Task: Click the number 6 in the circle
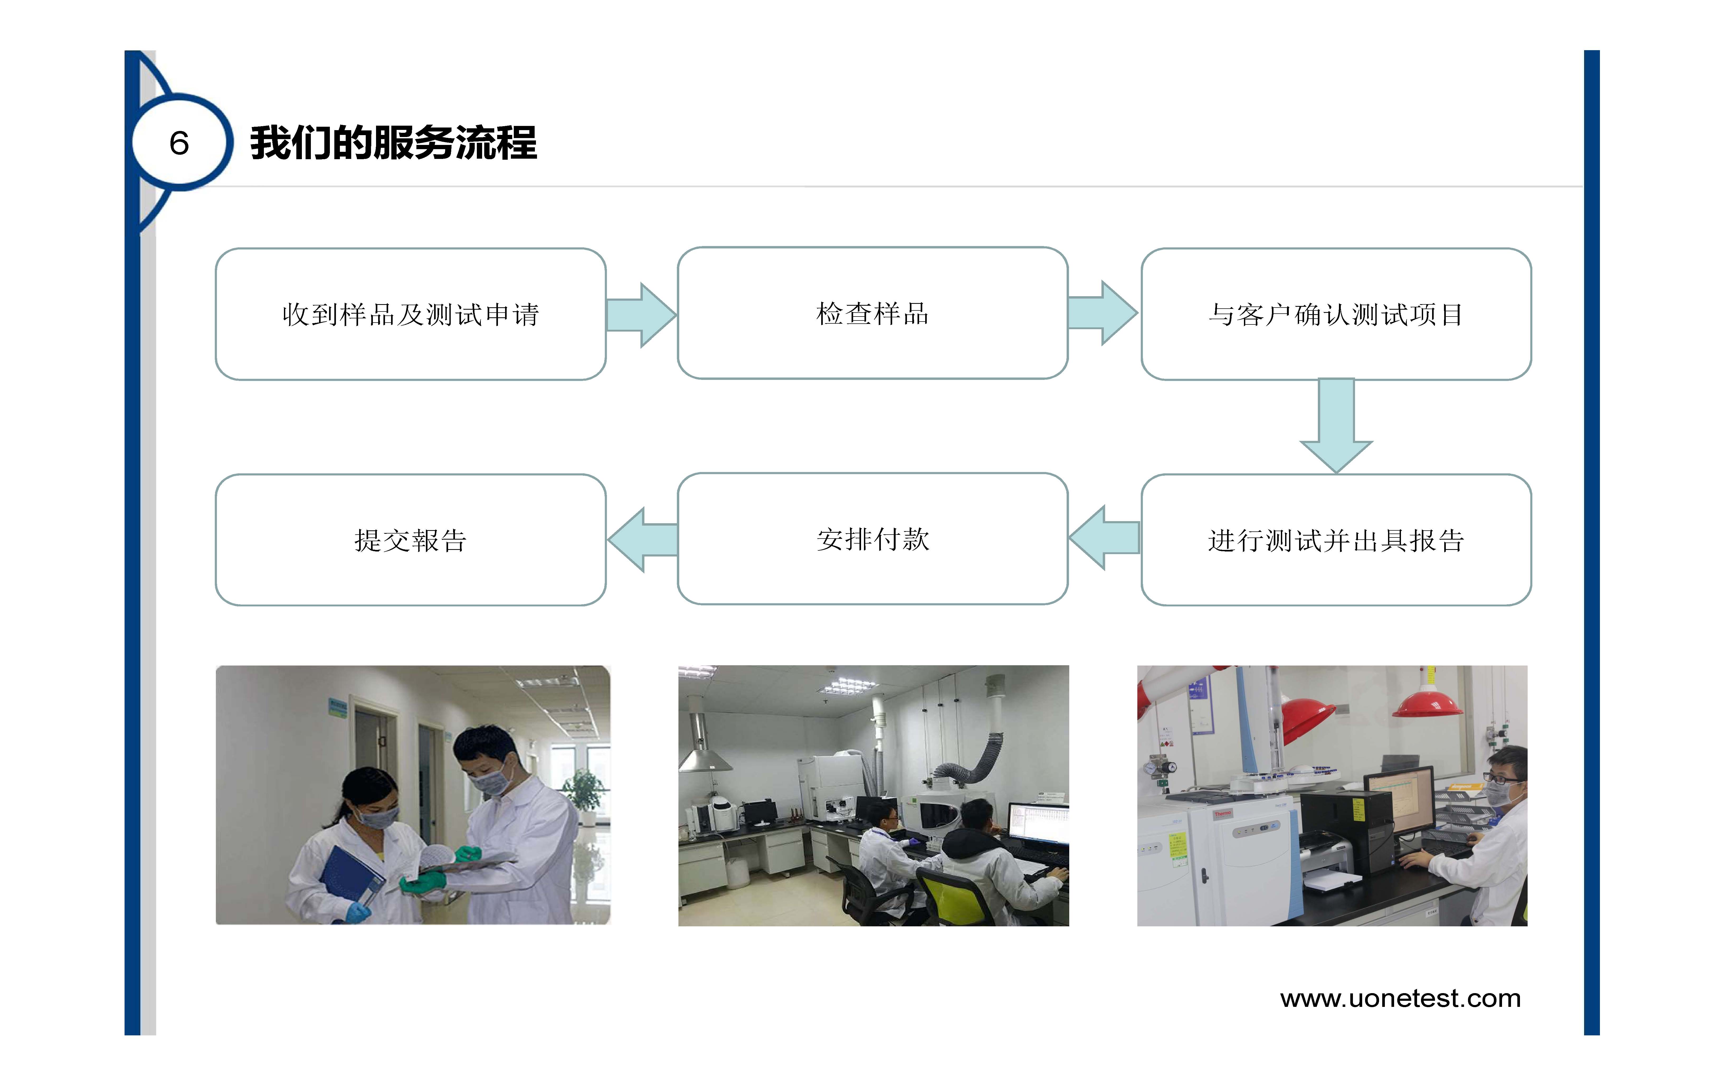coord(179,143)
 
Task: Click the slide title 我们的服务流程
coord(393,143)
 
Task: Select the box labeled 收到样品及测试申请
coord(411,314)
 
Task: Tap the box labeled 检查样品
coord(873,313)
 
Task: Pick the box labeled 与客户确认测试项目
coord(1336,314)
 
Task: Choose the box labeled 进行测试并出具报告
coord(1336,540)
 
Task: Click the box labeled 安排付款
coord(873,539)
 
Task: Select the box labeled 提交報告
coord(411,540)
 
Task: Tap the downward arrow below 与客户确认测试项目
coord(1336,426)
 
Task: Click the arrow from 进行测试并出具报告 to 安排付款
coord(1104,537)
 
